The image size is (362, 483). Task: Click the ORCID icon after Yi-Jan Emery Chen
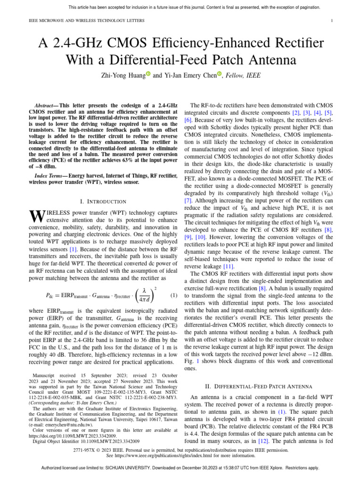click(219, 74)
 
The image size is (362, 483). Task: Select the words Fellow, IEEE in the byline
click(243, 75)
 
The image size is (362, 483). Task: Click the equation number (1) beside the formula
click(173, 295)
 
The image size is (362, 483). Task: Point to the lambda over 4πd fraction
click(144, 295)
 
